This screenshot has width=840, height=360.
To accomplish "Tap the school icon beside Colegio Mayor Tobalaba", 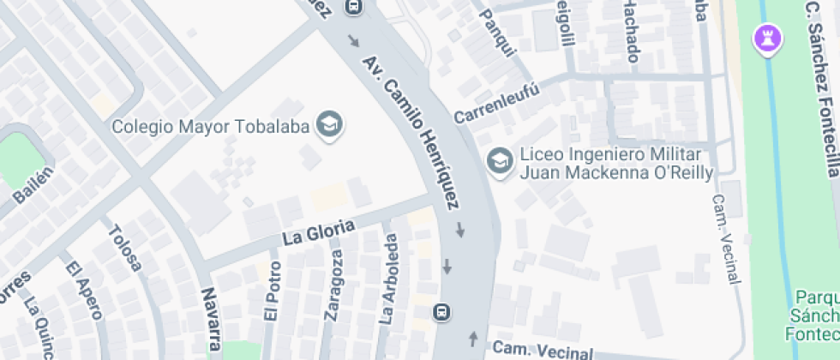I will (x=329, y=125).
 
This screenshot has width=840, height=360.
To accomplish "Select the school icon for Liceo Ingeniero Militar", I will (x=498, y=159).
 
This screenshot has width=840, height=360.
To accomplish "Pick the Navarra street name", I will (x=210, y=319).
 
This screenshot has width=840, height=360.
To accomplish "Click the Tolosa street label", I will (x=125, y=248).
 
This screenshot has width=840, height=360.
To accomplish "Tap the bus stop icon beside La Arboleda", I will (x=442, y=312).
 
